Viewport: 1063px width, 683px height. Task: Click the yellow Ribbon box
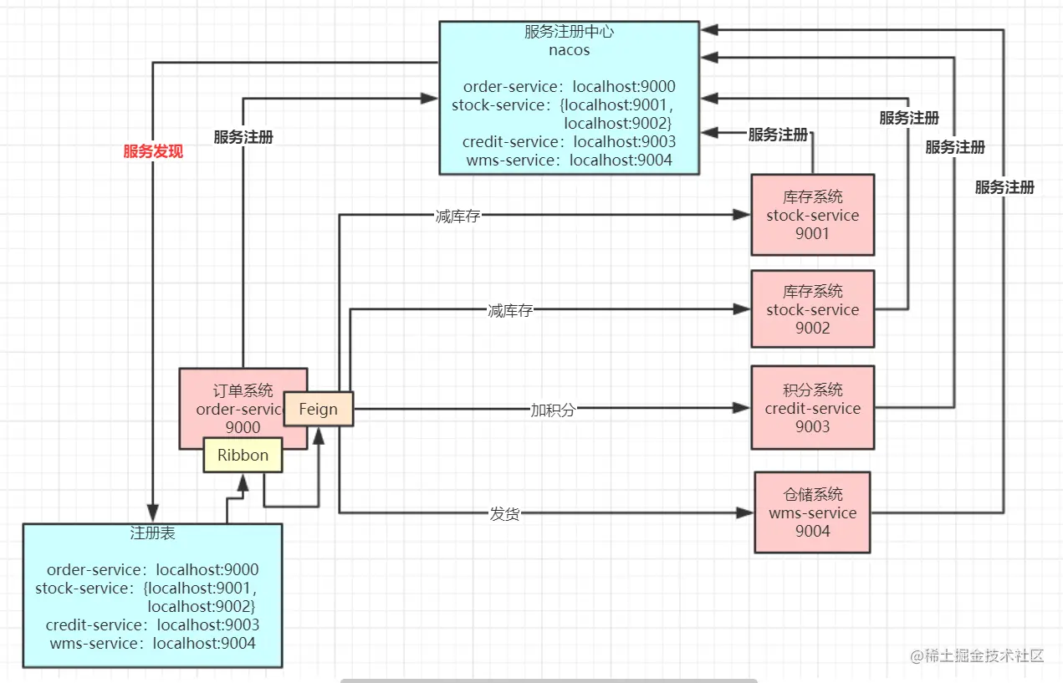click(x=243, y=456)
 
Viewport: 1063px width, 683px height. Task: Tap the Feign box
click(x=318, y=410)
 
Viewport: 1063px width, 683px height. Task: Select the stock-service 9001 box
click(x=812, y=215)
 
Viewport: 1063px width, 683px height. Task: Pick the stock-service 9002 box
click(x=812, y=309)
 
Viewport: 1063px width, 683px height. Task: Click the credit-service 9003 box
click(x=812, y=408)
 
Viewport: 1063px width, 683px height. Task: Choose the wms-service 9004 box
click(x=812, y=512)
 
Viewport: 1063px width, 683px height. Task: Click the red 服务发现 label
click(x=153, y=151)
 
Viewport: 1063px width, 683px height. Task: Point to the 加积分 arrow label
click(x=553, y=410)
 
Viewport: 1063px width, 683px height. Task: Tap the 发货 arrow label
click(x=504, y=513)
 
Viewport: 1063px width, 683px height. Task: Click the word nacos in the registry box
click(x=570, y=50)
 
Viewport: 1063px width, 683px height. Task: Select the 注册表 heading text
click(x=153, y=533)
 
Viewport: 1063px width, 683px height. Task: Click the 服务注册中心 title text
click(x=570, y=32)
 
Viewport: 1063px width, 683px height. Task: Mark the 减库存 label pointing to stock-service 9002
click(x=509, y=310)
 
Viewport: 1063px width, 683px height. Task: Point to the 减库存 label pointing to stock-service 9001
click(x=457, y=216)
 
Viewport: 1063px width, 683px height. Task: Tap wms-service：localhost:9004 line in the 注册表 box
click(x=153, y=643)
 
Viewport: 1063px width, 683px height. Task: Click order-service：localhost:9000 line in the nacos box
click(x=570, y=87)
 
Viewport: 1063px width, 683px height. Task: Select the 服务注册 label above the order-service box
click(x=243, y=137)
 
